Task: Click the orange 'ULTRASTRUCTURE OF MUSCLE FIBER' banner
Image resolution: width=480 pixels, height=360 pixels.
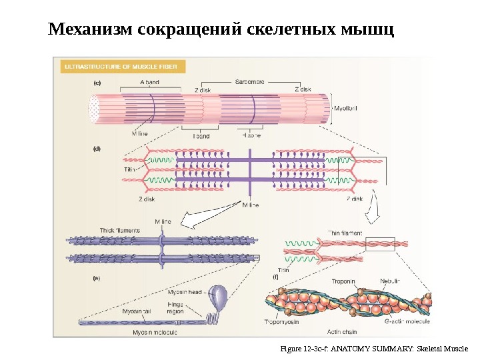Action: click(124, 66)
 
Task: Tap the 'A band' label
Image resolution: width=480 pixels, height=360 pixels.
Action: click(149, 82)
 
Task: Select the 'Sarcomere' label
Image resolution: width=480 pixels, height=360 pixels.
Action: click(249, 81)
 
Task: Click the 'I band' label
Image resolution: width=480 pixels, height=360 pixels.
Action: click(201, 136)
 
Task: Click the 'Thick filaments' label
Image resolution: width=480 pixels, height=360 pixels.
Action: click(119, 230)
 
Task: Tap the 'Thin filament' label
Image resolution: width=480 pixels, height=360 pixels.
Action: click(345, 233)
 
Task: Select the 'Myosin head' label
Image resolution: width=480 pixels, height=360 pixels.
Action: click(185, 292)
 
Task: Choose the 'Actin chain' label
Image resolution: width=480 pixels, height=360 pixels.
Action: click(344, 331)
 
